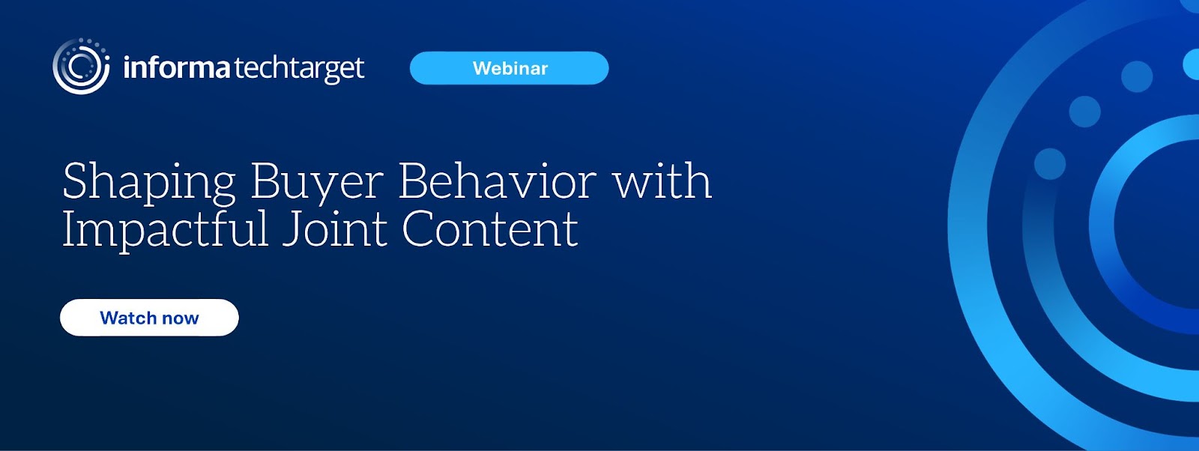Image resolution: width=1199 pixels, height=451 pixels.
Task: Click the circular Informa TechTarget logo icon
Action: click(82, 67)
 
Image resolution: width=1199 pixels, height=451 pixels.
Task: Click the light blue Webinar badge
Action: click(509, 68)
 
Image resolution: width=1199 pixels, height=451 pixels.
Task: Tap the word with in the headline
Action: click(662, 181)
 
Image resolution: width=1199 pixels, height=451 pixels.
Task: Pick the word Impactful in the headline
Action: click(165, 230)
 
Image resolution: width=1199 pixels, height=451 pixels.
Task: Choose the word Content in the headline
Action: click(490, 229)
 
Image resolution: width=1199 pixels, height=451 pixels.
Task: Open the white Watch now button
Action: click(149, 317)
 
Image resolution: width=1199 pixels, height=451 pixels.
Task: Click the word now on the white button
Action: click(181, 319)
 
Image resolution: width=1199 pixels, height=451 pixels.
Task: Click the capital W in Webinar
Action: click(483, 68)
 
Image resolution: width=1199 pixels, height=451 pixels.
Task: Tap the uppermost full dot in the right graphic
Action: click(1137, 76)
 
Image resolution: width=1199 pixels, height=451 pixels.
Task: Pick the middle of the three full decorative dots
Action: click(1085, 112)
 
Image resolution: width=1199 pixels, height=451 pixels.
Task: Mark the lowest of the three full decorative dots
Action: click(1050, 164)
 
